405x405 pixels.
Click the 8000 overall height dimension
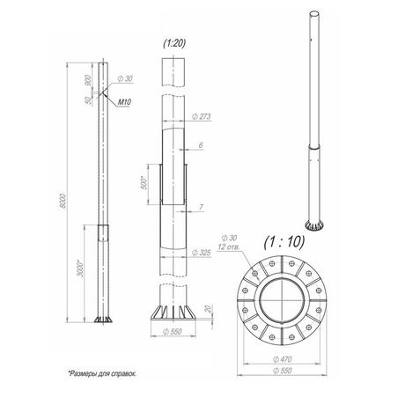point(63,201)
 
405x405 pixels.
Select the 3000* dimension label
point(80,268)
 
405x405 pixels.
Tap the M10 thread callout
point(124,102)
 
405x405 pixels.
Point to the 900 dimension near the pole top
point(88,80)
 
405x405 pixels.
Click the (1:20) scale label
point(174,43)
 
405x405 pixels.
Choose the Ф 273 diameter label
point(202,116)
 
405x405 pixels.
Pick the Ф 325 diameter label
point(202,253)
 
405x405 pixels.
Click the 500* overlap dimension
point(144,182)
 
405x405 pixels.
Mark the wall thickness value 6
point(201,145)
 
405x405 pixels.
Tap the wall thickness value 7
point(201,207)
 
